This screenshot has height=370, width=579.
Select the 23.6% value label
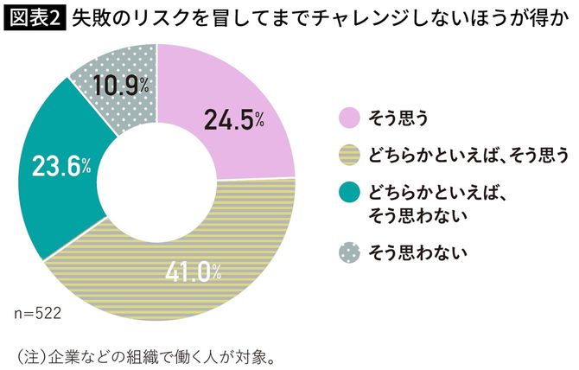(61, 166)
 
